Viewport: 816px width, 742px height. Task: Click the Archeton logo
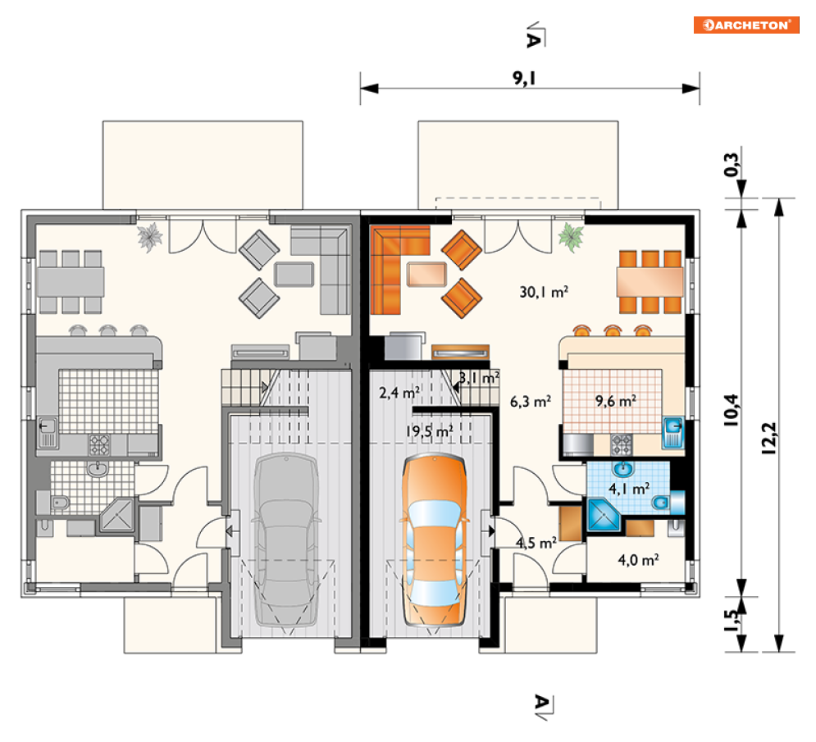pos(745,25)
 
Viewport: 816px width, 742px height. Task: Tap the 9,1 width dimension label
pos(524,78)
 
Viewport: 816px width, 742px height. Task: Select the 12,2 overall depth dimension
pos(769,438)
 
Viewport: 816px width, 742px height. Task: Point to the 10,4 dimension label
pos(731,410)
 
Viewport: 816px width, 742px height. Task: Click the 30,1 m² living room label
pos(544,292)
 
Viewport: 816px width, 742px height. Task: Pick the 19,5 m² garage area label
pos(430,431)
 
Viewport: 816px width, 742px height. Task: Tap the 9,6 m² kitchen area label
pos(616,401)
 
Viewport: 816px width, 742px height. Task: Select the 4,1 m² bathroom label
pos(629,489)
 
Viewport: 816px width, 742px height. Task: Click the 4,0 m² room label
pos(639,560)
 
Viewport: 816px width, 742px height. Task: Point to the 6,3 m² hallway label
pos(531,401)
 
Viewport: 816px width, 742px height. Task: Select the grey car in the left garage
pos(287,539)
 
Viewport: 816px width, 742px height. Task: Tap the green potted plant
pos(572,237)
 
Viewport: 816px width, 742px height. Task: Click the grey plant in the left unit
pos(150,237)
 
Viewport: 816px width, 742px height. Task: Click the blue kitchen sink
pos(673,432)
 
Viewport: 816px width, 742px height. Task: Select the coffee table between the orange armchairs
pos(426,274)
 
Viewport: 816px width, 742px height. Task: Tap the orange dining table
pos(650,281)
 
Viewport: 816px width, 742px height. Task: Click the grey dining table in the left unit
pos(71,281)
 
